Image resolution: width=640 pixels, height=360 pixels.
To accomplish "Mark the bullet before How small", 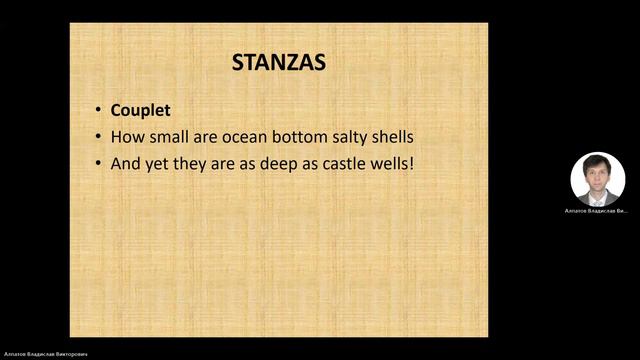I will [98, 136].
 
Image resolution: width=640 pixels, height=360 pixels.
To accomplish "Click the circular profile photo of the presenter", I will [597, 179].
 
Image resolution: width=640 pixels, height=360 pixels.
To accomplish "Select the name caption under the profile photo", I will [597, 212].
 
